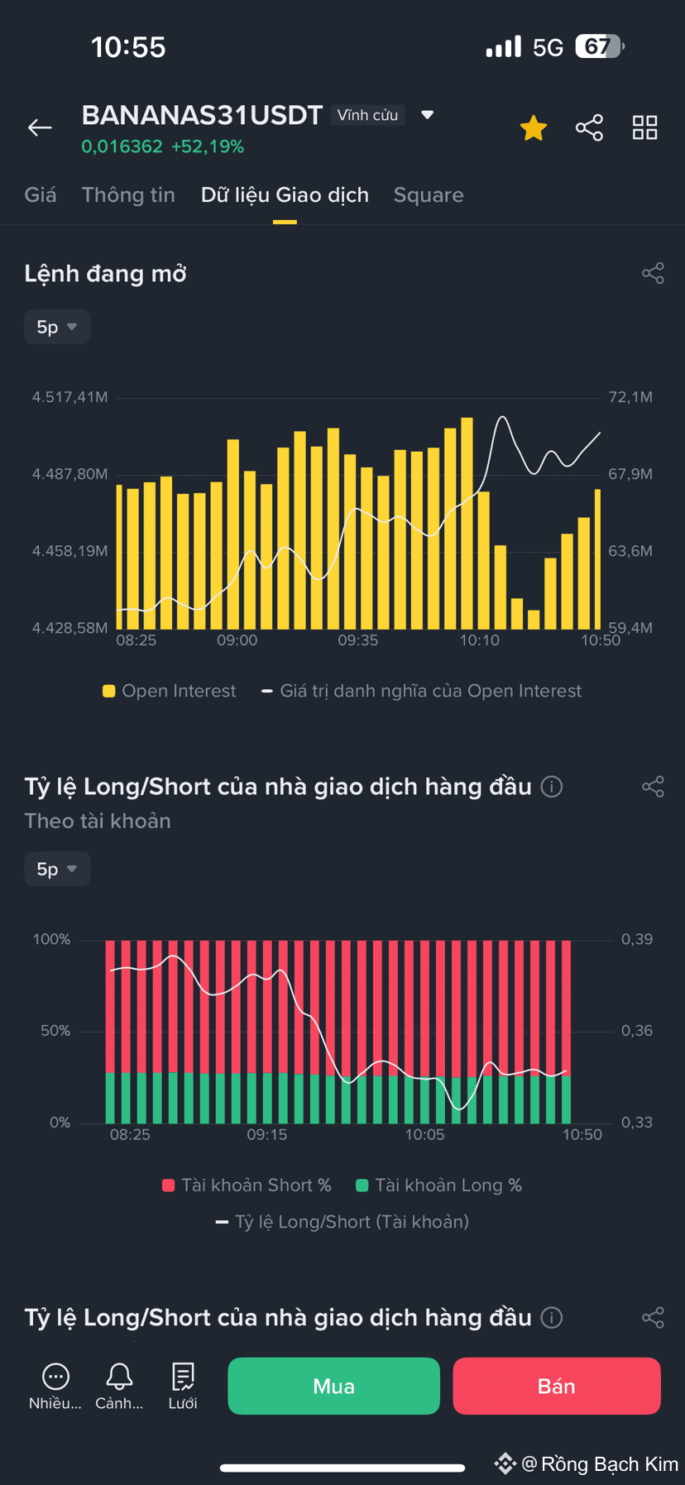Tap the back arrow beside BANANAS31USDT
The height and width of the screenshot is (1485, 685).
[40, 127]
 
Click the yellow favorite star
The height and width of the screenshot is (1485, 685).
[534, 128]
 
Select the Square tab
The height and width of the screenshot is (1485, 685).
[429, 195]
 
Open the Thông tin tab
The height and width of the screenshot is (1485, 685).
[128, 195]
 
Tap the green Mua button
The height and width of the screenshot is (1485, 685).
[333, 1386]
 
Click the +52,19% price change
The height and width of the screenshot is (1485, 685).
[208, 147]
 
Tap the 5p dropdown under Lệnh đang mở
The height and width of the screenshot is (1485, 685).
[57, 327]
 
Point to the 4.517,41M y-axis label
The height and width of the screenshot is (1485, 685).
[70, 397]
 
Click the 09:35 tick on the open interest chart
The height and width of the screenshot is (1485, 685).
[358, 640]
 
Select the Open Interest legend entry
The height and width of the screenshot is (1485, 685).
[170, 691]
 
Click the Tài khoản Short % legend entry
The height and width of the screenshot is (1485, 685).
[247, 1186]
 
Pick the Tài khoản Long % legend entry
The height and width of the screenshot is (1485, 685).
[438, 1186]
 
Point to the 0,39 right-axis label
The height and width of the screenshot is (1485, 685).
[637, 939]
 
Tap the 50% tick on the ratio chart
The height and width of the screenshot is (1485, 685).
[55, 1031]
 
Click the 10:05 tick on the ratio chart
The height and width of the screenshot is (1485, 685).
[424, 1135]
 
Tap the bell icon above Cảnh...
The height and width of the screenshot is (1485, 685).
[119, 1376]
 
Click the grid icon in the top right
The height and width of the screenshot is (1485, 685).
[645, 127]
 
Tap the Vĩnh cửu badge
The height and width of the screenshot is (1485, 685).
[367, 115]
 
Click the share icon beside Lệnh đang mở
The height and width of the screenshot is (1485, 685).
[653, 273]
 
